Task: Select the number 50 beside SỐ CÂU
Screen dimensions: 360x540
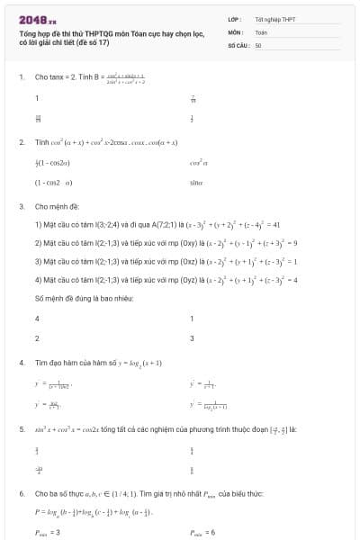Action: [x=258, y=44]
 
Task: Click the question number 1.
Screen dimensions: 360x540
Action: [x=21, y=76]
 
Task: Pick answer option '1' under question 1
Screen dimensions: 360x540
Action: [x=37, y=97]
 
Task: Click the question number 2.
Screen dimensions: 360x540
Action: [x=21, y=142]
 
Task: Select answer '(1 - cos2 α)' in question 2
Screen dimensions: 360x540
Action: [x=53, y=182]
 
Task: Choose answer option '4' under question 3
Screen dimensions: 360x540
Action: [x=37, y=319]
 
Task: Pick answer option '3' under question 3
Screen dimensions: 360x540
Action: [x=192, y=338]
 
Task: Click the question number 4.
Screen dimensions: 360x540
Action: [x=21, y=362]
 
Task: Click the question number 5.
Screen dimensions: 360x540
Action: [x=21, y=429]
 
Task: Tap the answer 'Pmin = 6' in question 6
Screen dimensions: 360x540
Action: [x=202, y=533]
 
